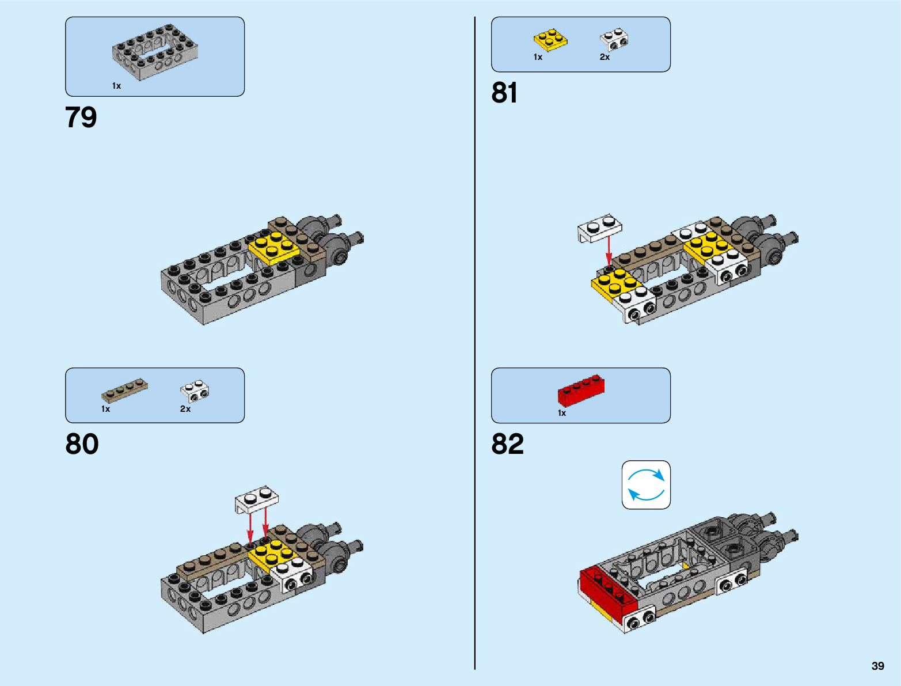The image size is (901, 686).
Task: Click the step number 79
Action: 81,118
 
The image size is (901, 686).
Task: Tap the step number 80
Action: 82,445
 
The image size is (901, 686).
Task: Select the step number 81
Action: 504,93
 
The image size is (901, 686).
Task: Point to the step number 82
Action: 507,445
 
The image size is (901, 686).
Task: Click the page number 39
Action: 877,666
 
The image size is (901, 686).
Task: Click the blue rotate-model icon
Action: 646,485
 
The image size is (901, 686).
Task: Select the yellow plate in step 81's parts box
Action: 550,40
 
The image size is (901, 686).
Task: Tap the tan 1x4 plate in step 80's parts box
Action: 124,390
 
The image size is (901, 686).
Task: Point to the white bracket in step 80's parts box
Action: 195,391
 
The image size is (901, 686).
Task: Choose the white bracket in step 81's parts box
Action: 614,39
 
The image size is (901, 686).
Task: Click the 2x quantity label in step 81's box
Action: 605,57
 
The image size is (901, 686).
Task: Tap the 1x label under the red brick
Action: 562,413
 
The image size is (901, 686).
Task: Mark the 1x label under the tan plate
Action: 105,409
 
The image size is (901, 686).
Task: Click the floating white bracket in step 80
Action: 257,498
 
